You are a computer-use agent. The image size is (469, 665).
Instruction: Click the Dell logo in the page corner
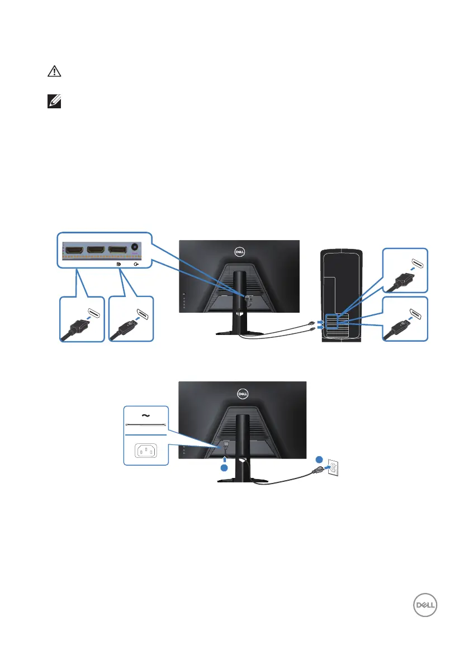pyautogui.click(x=423, y=606)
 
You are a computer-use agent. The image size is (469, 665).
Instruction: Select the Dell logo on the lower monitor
pyautogui.click(x=242, y=392)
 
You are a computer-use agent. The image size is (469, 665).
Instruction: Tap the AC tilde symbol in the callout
pyautogui.click(x=146, y=415)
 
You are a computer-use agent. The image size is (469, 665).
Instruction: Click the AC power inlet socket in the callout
pyautogui.click(x=145, y=450)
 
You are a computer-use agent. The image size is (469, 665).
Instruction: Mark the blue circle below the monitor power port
pyautogui.click(x=224, y=468)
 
